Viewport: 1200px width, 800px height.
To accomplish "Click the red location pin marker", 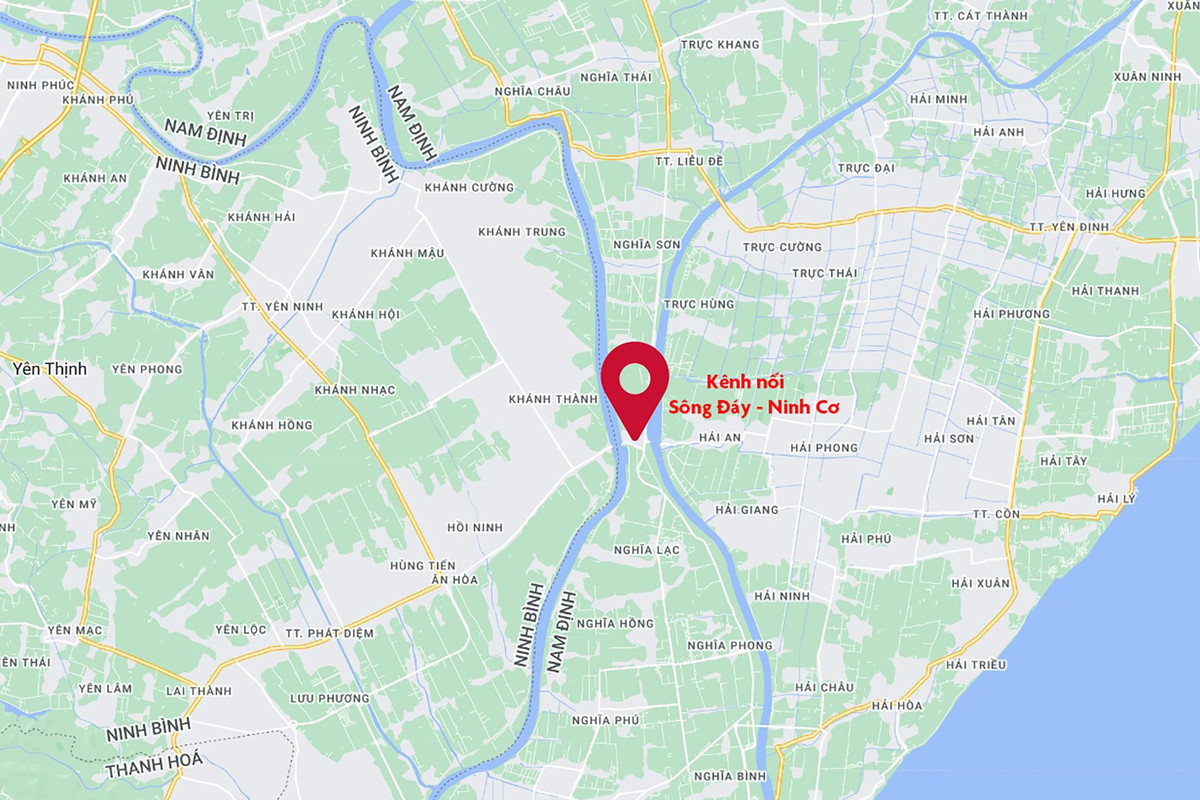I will point(634,385).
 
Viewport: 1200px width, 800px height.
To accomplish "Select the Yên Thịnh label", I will point(49,369).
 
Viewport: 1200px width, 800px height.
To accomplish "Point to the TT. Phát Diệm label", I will point(329,633).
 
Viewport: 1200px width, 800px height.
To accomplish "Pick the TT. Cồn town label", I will point(994,513).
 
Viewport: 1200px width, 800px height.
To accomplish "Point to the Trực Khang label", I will point(720,44).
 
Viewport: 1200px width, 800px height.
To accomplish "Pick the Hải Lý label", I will point(1118,498).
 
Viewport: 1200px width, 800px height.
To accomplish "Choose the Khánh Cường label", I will point(469,187).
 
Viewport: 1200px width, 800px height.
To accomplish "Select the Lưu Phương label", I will point(329,698).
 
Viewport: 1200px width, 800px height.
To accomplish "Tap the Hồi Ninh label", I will point(475,527).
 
